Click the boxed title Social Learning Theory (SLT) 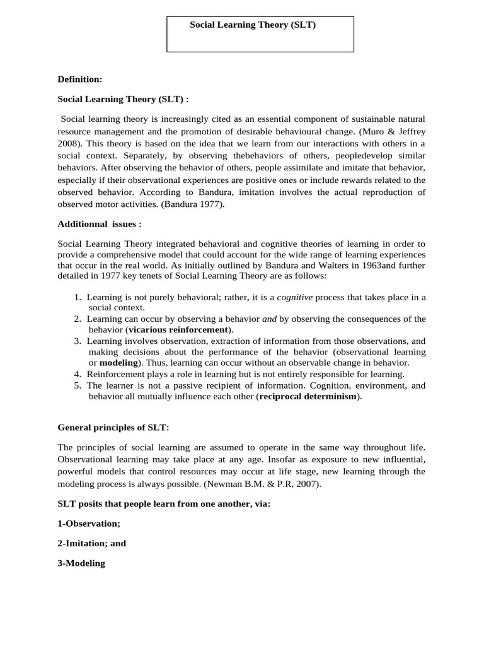[253, 25]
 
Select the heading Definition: [79, 79]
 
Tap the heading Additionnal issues [100, 224]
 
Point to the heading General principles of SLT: [113, 427]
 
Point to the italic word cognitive [294, 297]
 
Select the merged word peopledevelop [345, 155]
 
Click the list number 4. [77, 374]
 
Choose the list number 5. [77, 385]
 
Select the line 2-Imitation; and [92, 543]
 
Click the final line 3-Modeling [81, 563]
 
